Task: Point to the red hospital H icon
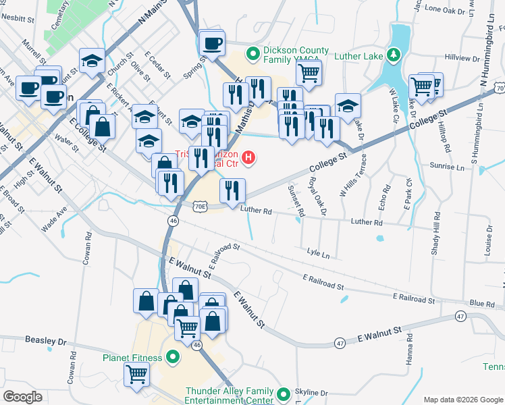coord(249,159)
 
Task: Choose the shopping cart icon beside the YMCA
coord(309,71)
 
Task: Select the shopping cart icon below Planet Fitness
coord(136,373)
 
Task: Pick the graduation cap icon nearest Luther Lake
coord(348,106)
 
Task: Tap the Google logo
coord(22,397)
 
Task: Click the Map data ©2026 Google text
coord(462,399)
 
